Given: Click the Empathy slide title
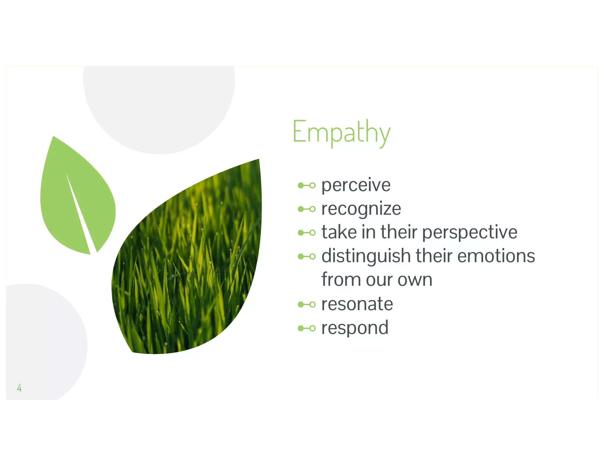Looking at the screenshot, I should pyautogui.click(x=341, y=132).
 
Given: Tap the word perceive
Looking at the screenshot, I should pyautogui.click(x=356, y=185).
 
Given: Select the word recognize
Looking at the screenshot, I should pyautogui.click(x=361, y=209).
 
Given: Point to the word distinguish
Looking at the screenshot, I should pyautogui.click(x=366, y=256).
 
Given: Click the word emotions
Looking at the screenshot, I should pyautogui.click(x=496, y=256).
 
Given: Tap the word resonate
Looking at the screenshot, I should pyautogui.click(x=357, y=304).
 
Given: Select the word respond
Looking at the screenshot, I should pyautogui.click(x=355, y=328).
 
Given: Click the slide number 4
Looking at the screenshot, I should pyautogui.click(x=19, y=388).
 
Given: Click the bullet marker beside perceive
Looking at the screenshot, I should pyautogui.click(x=306, y=185).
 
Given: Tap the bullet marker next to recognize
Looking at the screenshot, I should pyautogui.click(x=306, y=209).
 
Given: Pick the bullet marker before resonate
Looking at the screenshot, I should pyautogui.click(x=306, y=304).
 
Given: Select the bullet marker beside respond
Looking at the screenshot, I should pyautogui.click(x=306, y=328).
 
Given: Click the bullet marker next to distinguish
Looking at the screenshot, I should pyautogui.click(x=306, y=256).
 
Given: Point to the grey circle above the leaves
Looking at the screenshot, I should pyautogui.click(x=159, y=106).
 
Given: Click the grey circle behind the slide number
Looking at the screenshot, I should pyautogui.click(x=44, y=339).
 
